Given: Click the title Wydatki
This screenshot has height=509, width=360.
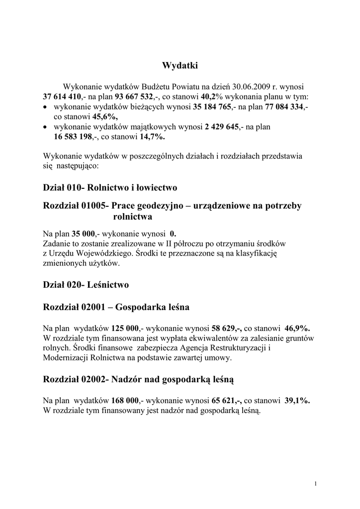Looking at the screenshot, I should tap(180, 65).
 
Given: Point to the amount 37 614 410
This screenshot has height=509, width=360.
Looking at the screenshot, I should tap(62, 96).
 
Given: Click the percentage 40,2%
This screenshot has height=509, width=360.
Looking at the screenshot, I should tap(212, 96).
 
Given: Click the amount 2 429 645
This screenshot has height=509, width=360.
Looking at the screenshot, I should tap(227, 127).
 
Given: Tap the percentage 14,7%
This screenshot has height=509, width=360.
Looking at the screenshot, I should tap(152, 137).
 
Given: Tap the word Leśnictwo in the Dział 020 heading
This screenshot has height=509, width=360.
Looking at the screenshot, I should tap(107, 285).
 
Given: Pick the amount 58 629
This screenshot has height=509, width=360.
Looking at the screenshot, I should tap(225, 328).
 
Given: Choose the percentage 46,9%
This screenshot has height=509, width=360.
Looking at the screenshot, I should tap(297, 328).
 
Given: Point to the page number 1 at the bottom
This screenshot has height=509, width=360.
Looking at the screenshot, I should tap(316, 484).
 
